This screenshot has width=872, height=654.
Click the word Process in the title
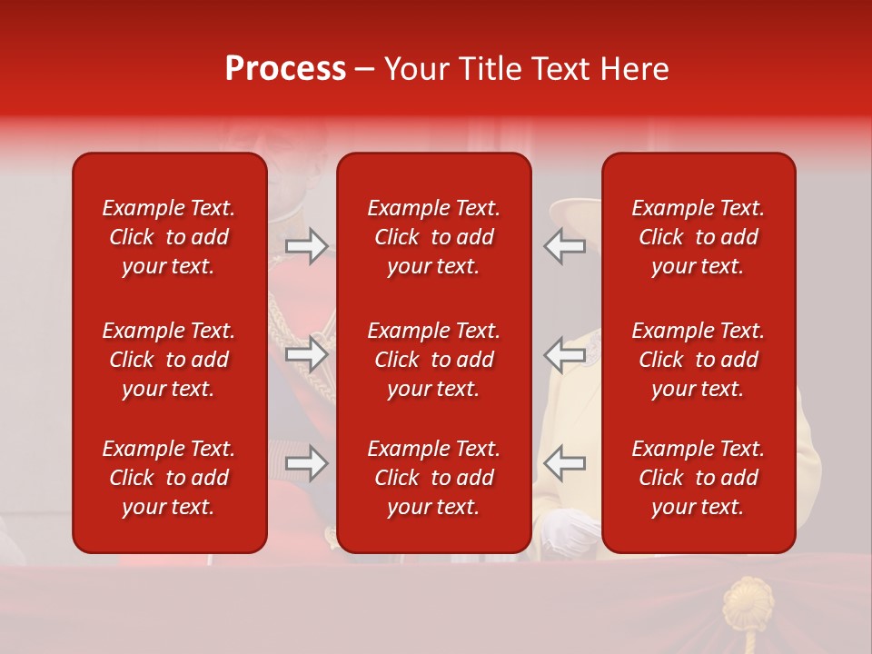click(285, 69)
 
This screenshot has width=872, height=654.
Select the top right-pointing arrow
click(307, 246)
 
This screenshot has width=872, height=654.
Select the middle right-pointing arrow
click(307, 354)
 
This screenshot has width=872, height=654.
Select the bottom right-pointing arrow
click(307, 463)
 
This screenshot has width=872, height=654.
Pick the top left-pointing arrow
click(564, 246)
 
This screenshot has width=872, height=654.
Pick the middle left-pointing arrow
click(564, 354)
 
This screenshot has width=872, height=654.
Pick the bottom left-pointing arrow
click(564, 463)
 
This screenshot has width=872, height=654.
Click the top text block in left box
click(169, 237)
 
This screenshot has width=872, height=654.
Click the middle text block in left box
click(169, 360)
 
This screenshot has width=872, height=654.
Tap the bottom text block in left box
click(169, 478)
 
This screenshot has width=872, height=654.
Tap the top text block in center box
click(434, 237)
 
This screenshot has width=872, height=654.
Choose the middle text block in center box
click(434, 360)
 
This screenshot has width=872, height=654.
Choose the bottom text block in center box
click(434, 478)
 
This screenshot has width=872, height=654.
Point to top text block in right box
click(699, 237)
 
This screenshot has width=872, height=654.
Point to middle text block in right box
click(699, 360)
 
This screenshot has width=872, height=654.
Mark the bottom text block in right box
click(699, 478)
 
